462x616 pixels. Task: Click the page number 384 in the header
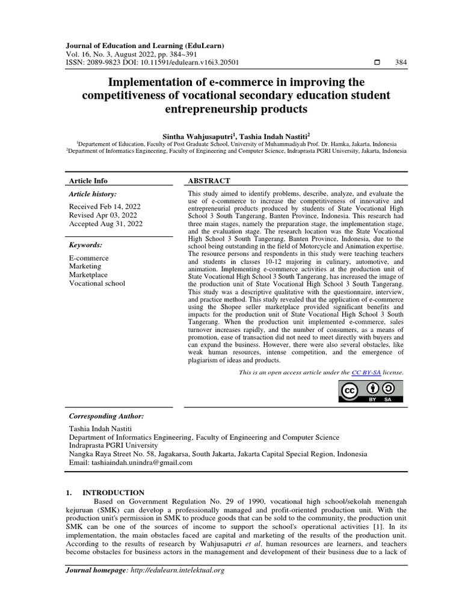pyautogui.click(x=401, y=63)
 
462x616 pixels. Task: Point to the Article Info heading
pyautogui.click(x=88, y=180)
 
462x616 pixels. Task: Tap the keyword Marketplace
pyautogui.click(x=89, y=274)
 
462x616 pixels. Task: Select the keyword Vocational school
pyautogui.click(x=97, y=283)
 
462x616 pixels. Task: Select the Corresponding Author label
pyautogui.click(x=106, y=416)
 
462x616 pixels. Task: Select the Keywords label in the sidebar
pyautogui.click(x=86, y=245)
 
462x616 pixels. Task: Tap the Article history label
pyautogui.click(x=93, y=194)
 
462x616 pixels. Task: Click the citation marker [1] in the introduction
pyautogui.click(x=362, y=525)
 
